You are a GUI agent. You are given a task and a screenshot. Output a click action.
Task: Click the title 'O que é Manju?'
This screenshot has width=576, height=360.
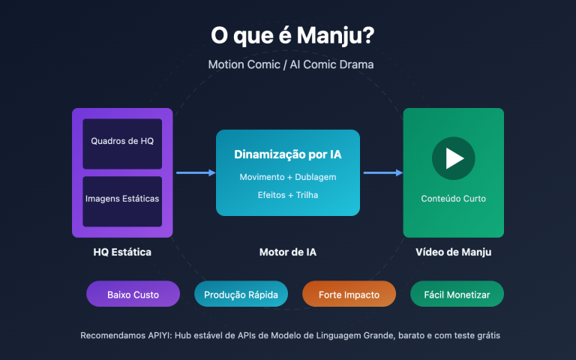coord(288,35)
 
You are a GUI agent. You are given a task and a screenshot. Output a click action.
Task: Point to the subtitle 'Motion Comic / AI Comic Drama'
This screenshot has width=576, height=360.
coord(291,64)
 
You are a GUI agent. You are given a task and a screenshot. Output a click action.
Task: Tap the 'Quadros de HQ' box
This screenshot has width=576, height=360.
coord(122,141)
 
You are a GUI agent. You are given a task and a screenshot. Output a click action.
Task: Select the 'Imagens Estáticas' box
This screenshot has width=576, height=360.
coord(122,199)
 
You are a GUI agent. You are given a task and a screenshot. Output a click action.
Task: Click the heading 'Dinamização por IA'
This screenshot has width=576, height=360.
coord(288,156)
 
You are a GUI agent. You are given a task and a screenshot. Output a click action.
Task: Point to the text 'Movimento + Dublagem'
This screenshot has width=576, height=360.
coord(288,177)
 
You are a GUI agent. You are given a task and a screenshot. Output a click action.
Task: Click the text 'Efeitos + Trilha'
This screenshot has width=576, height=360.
coord(288,195)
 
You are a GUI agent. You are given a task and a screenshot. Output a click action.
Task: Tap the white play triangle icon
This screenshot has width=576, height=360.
coord(454,158)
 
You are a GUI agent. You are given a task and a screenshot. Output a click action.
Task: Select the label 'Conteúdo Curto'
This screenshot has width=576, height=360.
coord(453,199)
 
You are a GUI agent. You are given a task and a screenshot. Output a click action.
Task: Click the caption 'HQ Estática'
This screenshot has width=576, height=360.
coord(122,252)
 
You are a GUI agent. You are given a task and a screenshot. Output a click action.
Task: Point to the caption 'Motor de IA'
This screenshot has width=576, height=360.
coord(288,252)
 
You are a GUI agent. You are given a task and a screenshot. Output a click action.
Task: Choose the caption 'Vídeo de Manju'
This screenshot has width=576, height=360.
coord(453,252)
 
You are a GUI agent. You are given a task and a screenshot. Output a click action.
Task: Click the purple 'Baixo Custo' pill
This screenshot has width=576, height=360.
coord(133,295)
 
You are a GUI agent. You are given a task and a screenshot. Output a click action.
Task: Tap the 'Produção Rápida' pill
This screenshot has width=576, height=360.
coord(241,295)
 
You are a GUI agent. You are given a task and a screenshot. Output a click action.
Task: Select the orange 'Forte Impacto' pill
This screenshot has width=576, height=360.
coord(349,295)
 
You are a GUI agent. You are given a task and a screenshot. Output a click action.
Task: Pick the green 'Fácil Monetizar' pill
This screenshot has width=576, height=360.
coord(457,295)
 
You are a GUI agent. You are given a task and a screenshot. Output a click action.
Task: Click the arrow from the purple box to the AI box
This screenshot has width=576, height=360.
coord(196,172)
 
